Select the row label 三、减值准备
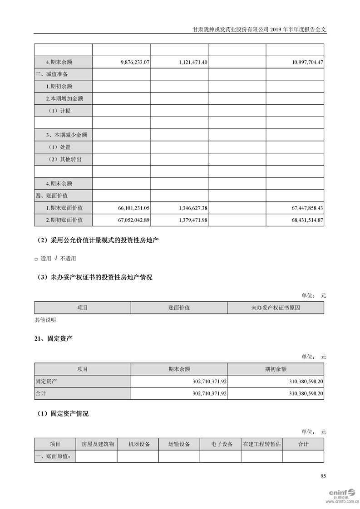pyautogui.click(x=52, y=74)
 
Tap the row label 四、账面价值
pyautogui.click(x=52, y=196)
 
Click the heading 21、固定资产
pyautogui.click(x=54, y=339)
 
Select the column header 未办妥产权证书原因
pyautogui.click(x=276, y=308)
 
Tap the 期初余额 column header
pyautogui.click(x=276, y=369)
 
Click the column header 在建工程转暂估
pyautogui.click(x=261, y=444)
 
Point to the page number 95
pyautogui.click(x=323, y=476)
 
